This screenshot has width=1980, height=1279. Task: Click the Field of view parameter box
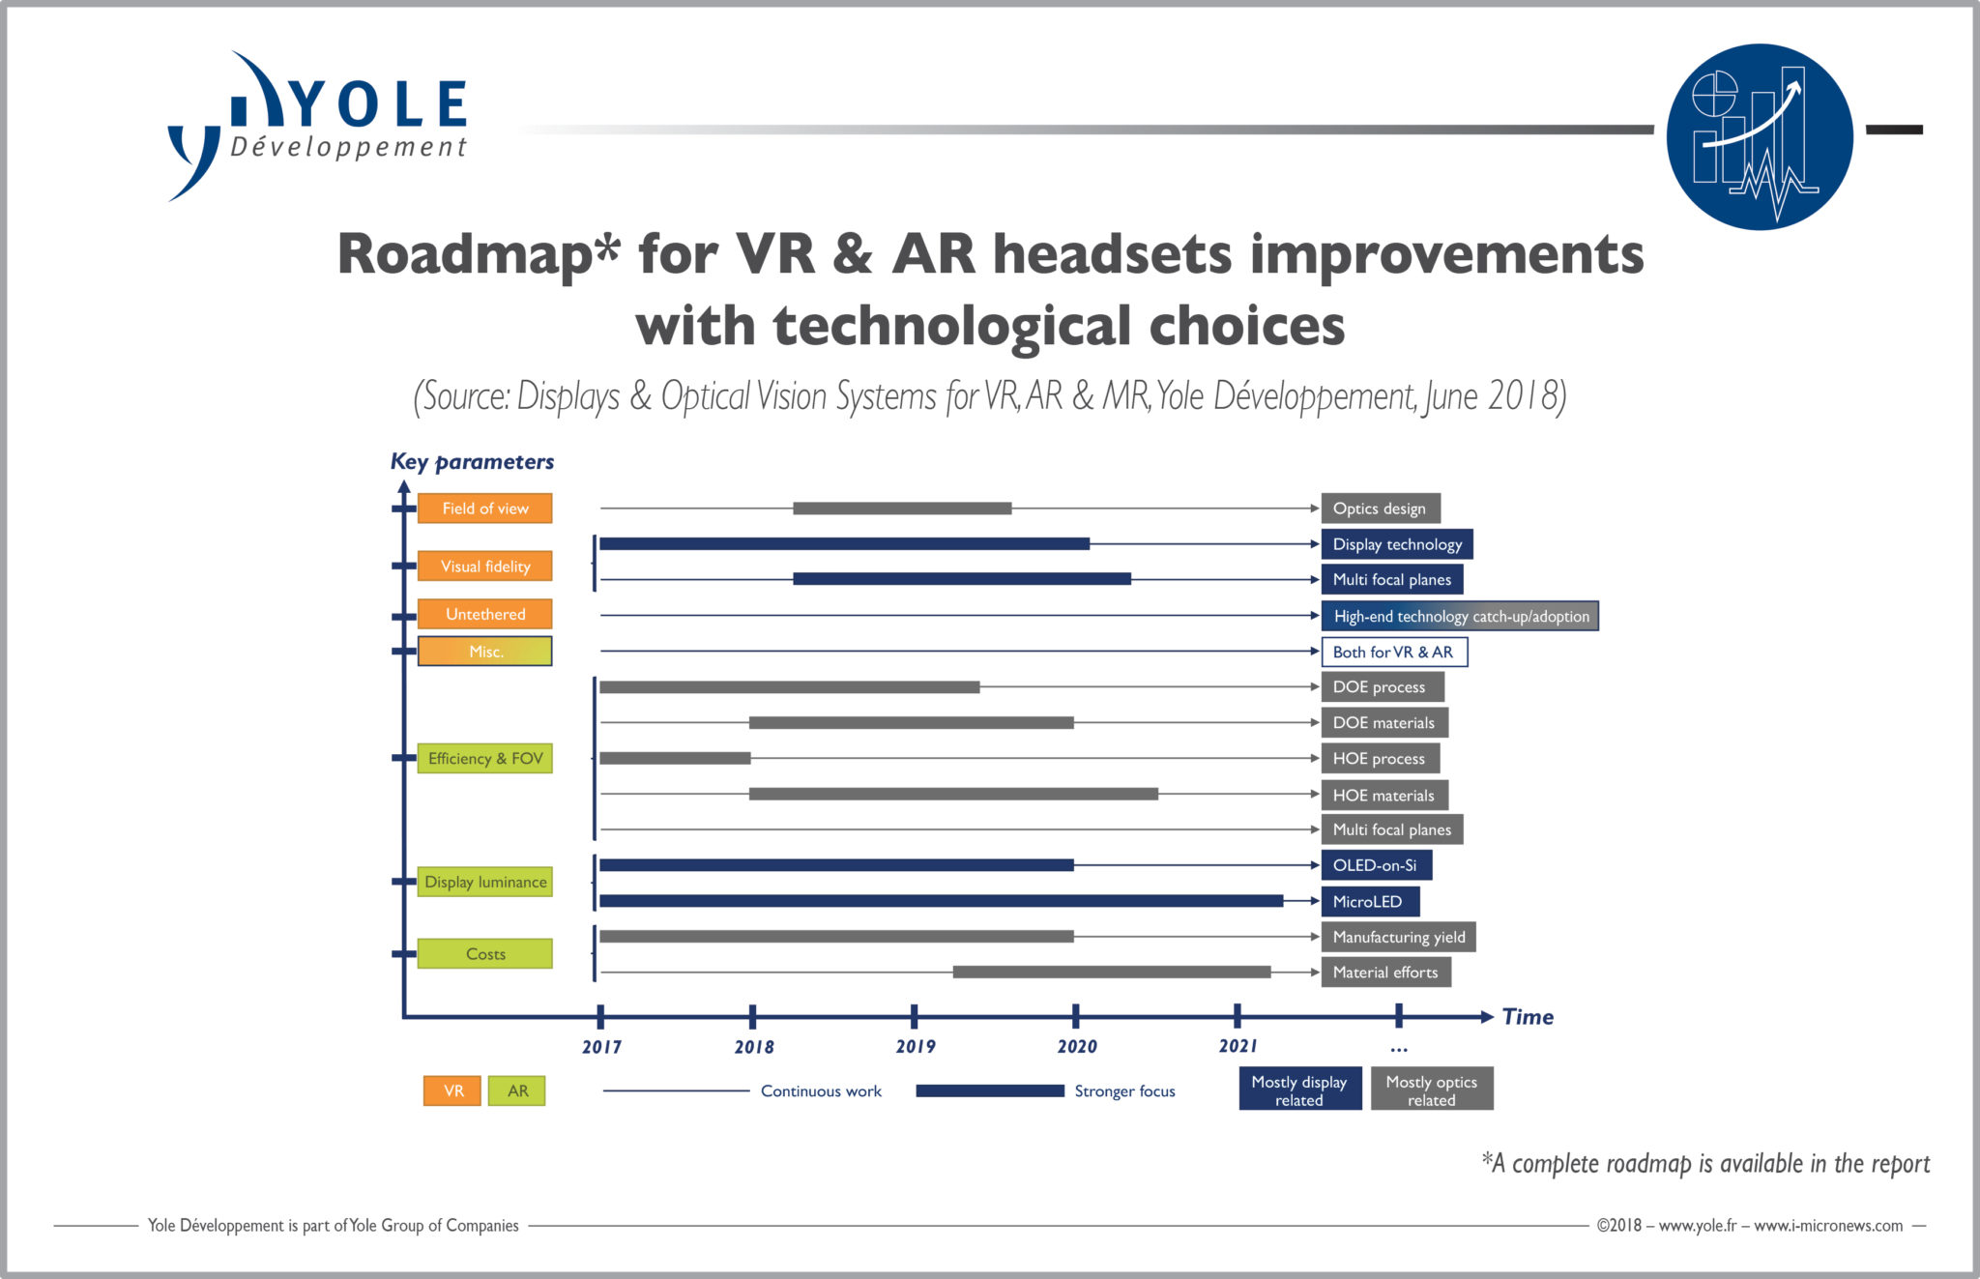[x=484, y=509]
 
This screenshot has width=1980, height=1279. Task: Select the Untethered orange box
[x=484, y=614]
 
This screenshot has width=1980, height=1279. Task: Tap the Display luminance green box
[x=484, y=882]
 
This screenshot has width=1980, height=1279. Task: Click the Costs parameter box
[x=484, y=954]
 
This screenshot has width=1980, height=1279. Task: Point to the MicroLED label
[x=1369, y=902]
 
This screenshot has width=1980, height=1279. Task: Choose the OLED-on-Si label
[x=1376, y=865]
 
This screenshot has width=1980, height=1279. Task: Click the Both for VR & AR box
[x=1393, y=653]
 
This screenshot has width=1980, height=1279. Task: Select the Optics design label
[x=1380, y=509]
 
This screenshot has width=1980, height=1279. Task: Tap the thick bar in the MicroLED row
[x=941, y=901]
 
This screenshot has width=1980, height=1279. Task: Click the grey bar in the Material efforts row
[x=1111, y=972]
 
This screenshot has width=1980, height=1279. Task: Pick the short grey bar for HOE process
[x=675, y=758]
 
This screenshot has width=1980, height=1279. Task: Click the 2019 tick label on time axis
[x=915, y=1047]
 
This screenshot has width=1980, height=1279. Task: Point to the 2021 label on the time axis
[x=1237, y=1047]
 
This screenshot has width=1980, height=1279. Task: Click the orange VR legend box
[x=452, y=1090]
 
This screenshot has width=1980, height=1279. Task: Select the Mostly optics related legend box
[x=1431, y=1090]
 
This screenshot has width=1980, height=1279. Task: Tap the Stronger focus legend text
[x=1124, y=1091]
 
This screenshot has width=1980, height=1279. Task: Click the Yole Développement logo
[x=319, y=126]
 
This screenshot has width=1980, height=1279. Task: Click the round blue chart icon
[x=1759, y=136]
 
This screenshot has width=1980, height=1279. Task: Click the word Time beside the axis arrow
[x=1528, y=1017]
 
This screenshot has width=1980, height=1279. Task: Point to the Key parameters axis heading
[x=472, y=462]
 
